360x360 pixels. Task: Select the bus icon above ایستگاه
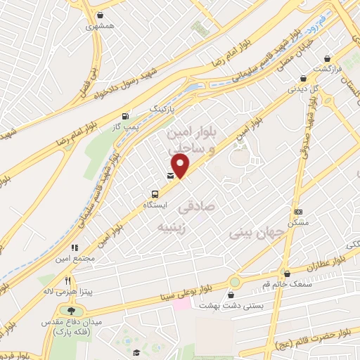155,195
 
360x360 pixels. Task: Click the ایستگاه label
154,207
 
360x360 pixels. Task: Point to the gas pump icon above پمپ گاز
126,116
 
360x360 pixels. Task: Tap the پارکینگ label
166,110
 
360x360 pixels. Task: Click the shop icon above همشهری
101,15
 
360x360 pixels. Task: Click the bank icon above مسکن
298,212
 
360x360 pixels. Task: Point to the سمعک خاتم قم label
286,284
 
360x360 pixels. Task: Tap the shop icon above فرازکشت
327,60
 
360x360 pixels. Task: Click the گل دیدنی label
303,89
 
